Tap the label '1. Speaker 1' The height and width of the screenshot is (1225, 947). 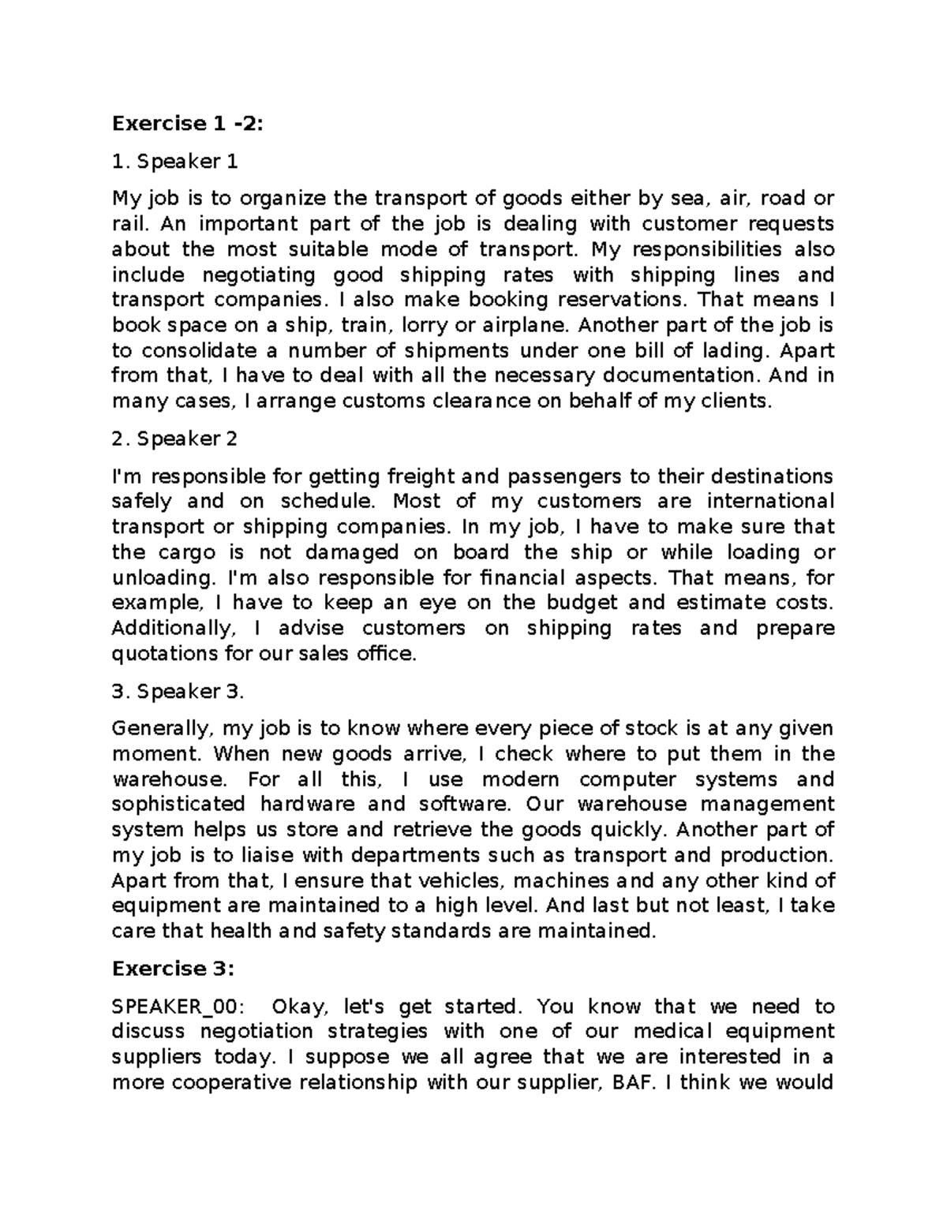point(174,162)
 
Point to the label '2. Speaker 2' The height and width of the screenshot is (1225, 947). point(174,439)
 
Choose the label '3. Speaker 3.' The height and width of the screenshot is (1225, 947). point(178,691)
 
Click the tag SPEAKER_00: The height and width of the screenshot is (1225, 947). point(178,1007)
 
